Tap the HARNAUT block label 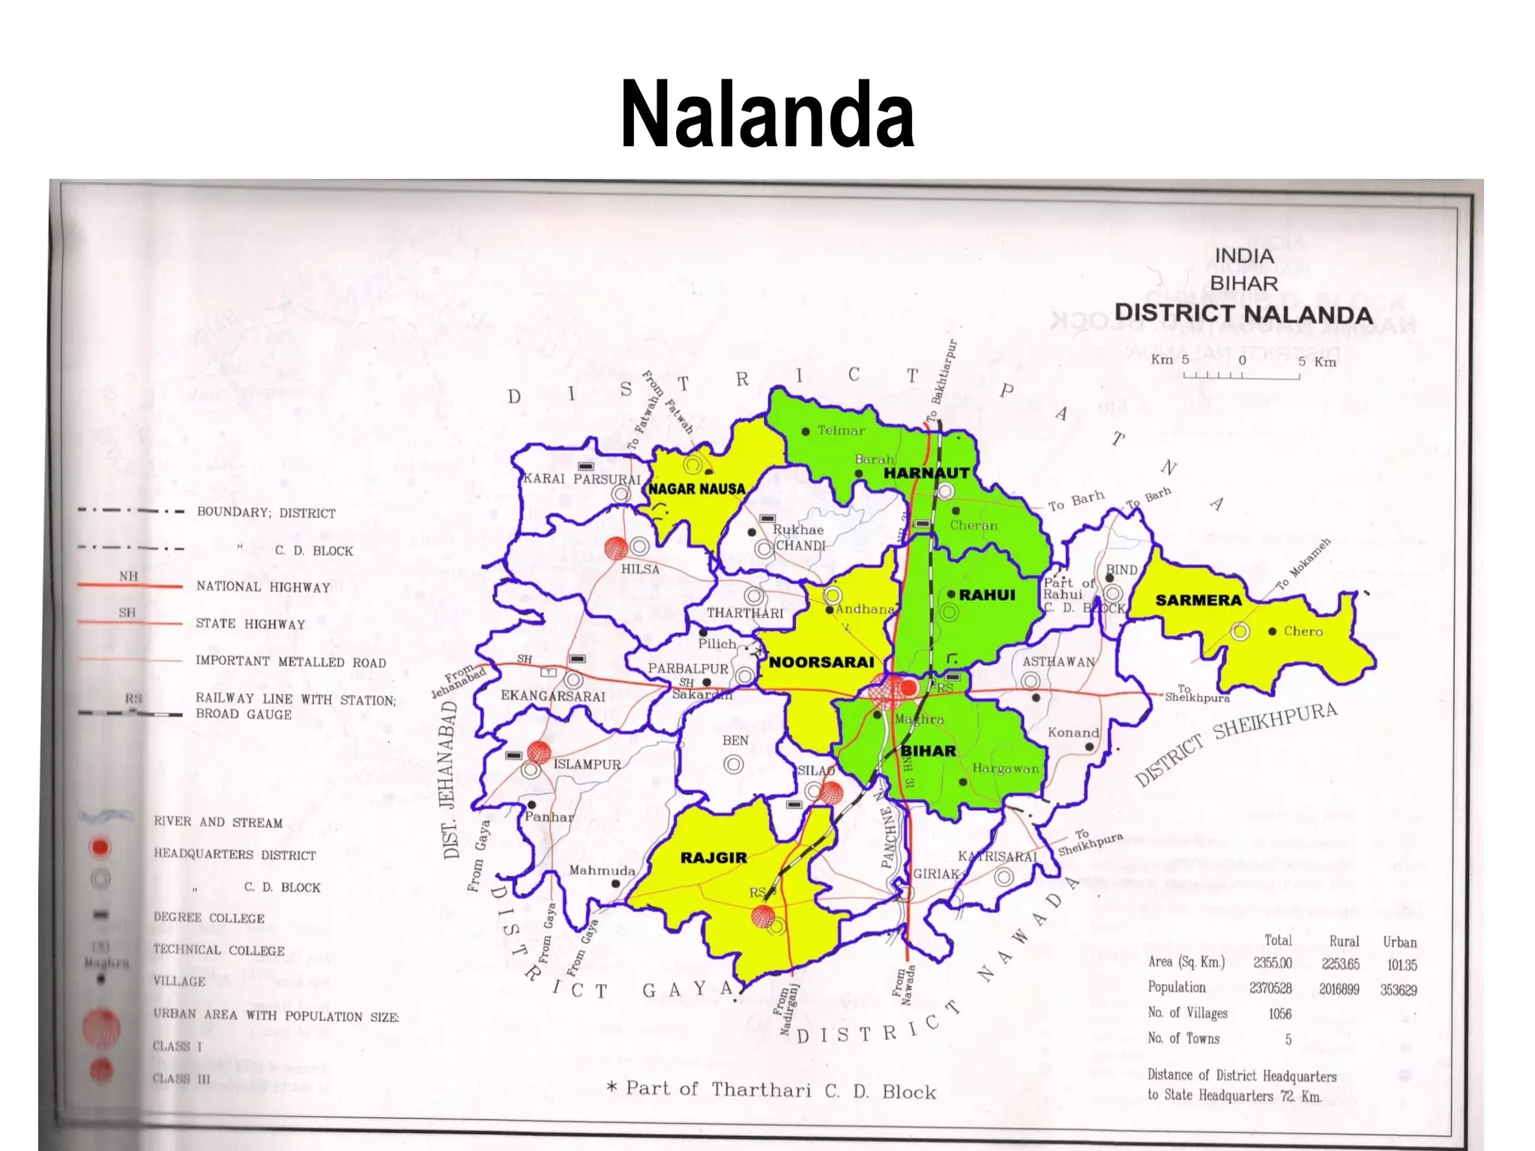[926, 473]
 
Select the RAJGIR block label [713, 857]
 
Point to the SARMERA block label [1198, 600]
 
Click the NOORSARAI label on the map [821, 662]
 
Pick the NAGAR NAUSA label [696, 489]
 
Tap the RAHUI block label [986, 595]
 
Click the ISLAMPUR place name [587, 764]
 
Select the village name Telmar [840, 430]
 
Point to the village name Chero [1303, 631]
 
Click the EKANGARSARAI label [552, 696]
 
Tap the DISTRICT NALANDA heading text [1243, 313]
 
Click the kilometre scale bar [1241, 375]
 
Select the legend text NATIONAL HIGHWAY [263, 587]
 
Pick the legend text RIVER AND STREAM [218, 822]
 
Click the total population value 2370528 [1270, 988]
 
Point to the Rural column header [1344, 941]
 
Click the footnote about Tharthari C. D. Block [771, 1090]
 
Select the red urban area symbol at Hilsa [615, 549]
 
